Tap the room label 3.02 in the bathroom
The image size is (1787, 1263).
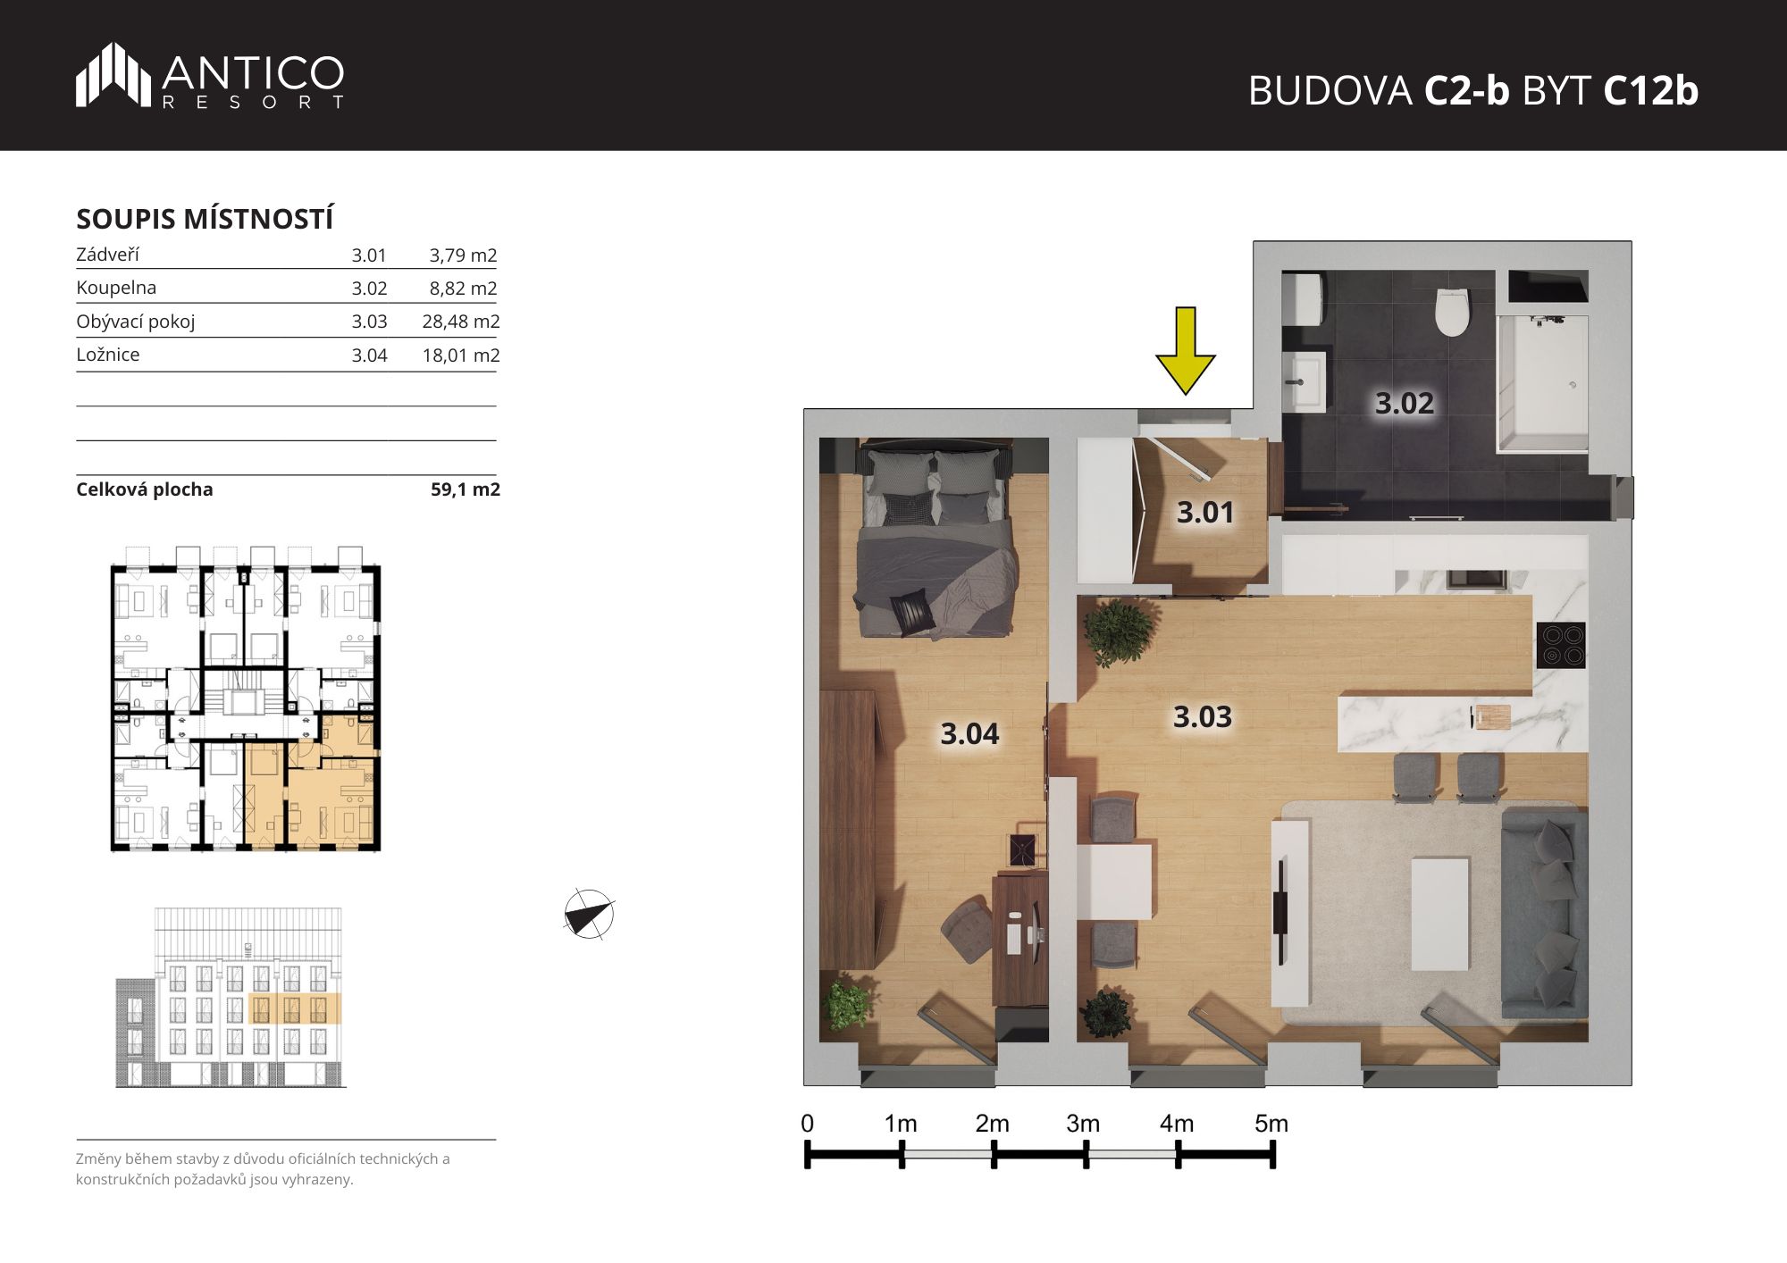pos(1404,403)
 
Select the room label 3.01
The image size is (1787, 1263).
pos(1204,512)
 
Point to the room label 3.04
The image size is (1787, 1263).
pos(969,733)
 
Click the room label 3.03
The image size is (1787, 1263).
pos(1202,716)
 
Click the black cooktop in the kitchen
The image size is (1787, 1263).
pos(1561,645)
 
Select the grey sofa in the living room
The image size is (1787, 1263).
pos(1544,912)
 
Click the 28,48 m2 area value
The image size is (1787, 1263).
pos(461,322)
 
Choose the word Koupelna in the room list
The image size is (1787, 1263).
pos(116,288)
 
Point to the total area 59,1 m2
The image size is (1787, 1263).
pos(466,489)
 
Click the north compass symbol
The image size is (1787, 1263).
pos(589,915)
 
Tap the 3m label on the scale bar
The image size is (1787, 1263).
pos(1083,1123)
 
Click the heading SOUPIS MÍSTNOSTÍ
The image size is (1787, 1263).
pos(205,219)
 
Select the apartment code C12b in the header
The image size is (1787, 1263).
pos(1650,90)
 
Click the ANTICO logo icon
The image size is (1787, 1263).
pos(113,74)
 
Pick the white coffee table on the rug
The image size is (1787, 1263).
pos(1440,914)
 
